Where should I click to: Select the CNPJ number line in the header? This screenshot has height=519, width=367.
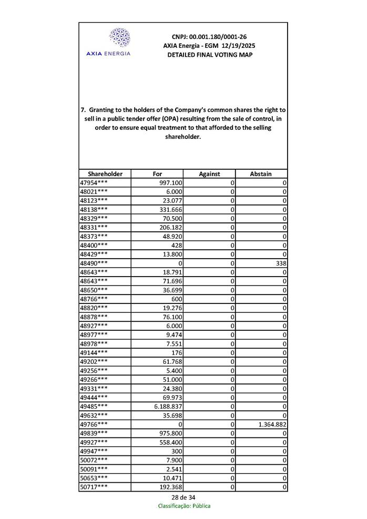(x=209, y=37)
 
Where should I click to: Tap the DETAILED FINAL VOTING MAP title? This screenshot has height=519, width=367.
(x=209, y=55)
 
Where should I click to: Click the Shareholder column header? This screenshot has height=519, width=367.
(x=105, y=174)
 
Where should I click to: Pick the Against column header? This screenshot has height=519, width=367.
(x=209, y=174)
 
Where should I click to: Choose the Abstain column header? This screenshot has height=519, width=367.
(x=261, y=174)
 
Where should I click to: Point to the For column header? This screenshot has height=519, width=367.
(x=157, y=174)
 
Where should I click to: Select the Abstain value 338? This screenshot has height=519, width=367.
(x=280, y=262)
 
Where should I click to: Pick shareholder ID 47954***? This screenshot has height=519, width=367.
(x=94, y=182)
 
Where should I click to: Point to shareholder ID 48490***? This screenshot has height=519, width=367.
(x=94, y=262)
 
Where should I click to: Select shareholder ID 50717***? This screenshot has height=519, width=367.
(x=94, y=487)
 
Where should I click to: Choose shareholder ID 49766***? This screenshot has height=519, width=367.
(x=94, y=424)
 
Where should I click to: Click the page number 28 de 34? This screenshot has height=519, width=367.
(x=183, y=497)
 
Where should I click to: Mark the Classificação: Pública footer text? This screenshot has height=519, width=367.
(x=184, y=506)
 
